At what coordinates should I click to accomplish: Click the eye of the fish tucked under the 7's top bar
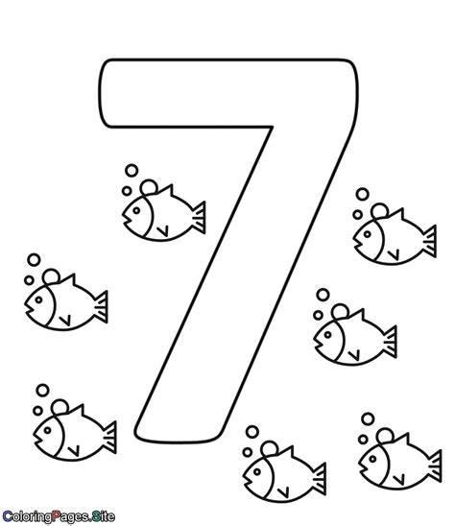[136, 210]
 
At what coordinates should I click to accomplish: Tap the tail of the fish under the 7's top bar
[198, 217]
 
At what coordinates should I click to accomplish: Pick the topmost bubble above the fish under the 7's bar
[132, 171]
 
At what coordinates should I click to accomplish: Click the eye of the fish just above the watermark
[48, 430]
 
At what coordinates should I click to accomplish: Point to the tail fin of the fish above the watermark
[109, 438]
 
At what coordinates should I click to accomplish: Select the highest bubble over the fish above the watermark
[42, 390]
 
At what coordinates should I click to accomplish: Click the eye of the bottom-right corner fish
[372, 459]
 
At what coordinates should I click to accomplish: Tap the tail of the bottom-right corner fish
[434, 466]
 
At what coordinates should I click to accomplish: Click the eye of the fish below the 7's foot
[257, 471]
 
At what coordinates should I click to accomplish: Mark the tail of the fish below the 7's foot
[319, 479]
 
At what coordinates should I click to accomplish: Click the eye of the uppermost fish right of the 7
[368, 234]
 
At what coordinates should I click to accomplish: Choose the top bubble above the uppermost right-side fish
[363, 194]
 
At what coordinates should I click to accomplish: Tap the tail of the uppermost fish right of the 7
[429, 241]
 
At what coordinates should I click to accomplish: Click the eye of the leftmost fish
[39, 299]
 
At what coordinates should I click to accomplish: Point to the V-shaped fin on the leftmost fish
[65, 321]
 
